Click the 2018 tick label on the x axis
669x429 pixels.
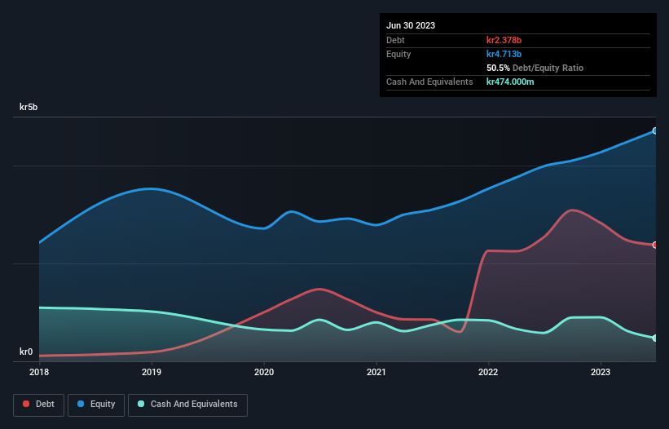tap(39, 372)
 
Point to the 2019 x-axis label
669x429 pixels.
tap(152, 372)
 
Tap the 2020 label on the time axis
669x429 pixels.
tap(264, 372)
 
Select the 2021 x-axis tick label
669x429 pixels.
tap(376, 372)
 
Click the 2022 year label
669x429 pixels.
tap(488, 372)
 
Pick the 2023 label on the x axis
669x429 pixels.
tap(601, 372)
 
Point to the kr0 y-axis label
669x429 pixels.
tap(27, 352)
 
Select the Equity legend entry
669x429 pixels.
tap(96, 404)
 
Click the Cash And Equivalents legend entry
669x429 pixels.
tap(187, 404)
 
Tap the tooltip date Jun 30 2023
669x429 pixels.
tap(411, 25)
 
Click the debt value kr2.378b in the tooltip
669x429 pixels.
tap(504, 40)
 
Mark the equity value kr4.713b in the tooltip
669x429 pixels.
tap(504, 54)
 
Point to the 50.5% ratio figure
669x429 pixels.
tap(498, 68)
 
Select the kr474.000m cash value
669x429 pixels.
tap(510, 82)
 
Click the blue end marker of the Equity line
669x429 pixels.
tap(654, 130)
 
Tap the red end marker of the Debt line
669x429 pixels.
tap(654, 245)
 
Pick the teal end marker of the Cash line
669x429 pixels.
tap(654, 338)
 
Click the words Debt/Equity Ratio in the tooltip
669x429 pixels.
tap(548, 68)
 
